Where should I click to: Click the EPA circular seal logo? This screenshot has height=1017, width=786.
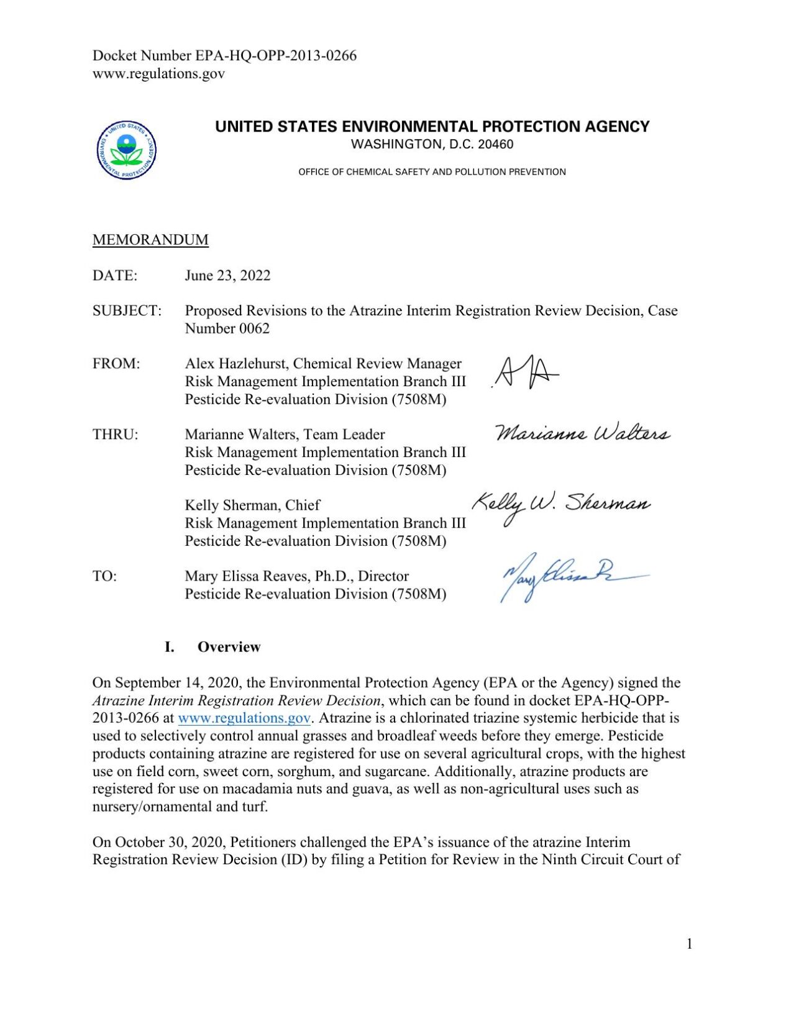pyautogui.click(x=127, y=150)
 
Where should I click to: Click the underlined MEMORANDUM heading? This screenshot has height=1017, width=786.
pyautogui.click(x=150, y=240)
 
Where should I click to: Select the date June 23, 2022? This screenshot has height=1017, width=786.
pyautogui.click(x=227, y=275)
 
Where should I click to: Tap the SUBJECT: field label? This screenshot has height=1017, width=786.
pyautogui.click(x=127, y=310)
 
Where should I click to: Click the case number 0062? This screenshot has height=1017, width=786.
pyautogui.click(x=254, y=328)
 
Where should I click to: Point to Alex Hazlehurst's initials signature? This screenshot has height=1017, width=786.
pyautogui.click(x=526, y=373)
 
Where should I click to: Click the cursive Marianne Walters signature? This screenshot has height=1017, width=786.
pyautogui.click(x=582, y=433)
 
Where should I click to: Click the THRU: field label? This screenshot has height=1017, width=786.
pyautogui.click(x=116, y=435)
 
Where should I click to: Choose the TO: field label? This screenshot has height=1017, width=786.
pyautogui.click(x=104, y=576)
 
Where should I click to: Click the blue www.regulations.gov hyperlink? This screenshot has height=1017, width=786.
pyautogui.click(x=244, y=718)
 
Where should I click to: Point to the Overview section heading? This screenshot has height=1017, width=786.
pyautogui.click(x=229, y=647)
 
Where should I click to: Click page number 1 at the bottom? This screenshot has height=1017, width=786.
pyautogui.click(x=689, y=944)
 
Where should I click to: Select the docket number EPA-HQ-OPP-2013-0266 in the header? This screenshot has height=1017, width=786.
pyautogui.click(x=276, y=55)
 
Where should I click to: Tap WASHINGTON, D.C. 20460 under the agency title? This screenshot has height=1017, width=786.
pyautogui.click(x=432, y=145)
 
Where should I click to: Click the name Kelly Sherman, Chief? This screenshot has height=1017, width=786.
pyautogui.click(x=252, y=505)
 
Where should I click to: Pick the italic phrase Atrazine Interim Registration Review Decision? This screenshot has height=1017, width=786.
pyautogui.click(x=236, y=701)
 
